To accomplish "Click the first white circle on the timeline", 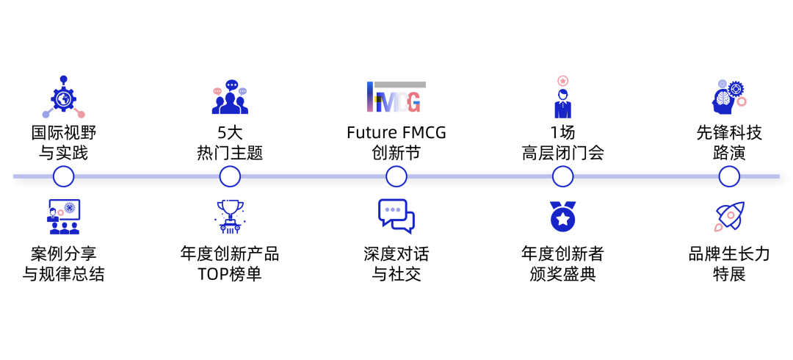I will tap(64, 176).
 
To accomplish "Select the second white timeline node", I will tap(230, 176).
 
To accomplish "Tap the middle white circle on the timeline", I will tap(396, 176).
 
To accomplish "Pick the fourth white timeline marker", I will tap(562, 176).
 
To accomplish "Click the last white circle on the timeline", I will tap(729, 176).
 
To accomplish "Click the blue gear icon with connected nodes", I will tap(63, 98).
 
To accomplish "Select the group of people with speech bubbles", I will tap(230, 98).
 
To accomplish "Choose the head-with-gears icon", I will tap(728, 98).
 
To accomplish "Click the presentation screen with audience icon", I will tap(64, 217).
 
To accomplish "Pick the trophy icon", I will tap(230, 216).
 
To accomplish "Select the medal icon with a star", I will tap(562, 217).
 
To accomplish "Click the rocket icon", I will tap(729, 216).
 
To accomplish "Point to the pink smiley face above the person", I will tap(563, 81).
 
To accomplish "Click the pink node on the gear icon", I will tap(81, 114).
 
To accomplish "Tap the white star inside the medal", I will tap(562, 219).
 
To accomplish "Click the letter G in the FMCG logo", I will tap(413, 103).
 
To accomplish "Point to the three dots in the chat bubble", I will tap(393, 209).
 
